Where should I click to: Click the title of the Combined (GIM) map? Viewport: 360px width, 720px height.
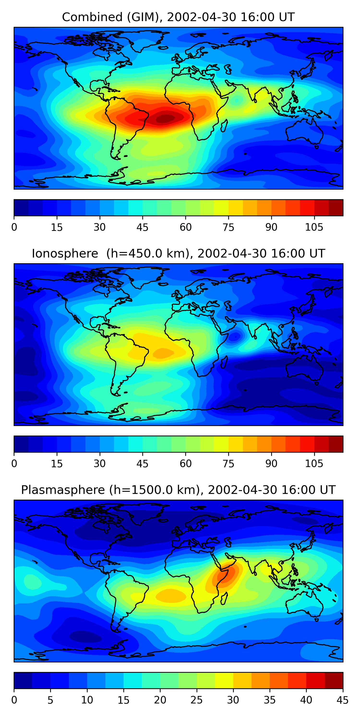point(178,17)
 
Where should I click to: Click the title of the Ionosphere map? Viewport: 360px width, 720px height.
point(178,253)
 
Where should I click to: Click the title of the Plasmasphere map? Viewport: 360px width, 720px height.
point(178,490)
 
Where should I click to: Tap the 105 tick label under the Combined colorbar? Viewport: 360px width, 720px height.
point(314,227)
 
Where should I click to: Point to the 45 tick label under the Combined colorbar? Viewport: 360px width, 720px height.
point(142,227)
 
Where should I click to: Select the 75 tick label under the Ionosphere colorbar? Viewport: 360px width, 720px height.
point(228,464)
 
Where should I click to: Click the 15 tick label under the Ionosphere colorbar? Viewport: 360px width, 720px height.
point(57,464)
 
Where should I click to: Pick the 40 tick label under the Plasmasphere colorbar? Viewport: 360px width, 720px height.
point(306,700)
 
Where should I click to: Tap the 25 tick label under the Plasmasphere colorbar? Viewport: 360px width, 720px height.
point(197,700)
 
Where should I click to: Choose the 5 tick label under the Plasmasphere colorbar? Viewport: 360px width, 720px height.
point(50,700)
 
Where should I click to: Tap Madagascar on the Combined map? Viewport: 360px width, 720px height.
point(224,126)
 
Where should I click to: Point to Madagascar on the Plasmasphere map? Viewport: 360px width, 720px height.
point(224,599)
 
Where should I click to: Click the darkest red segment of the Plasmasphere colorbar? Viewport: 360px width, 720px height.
point(334,681)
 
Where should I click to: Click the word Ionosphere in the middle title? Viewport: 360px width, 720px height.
point(65,253)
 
